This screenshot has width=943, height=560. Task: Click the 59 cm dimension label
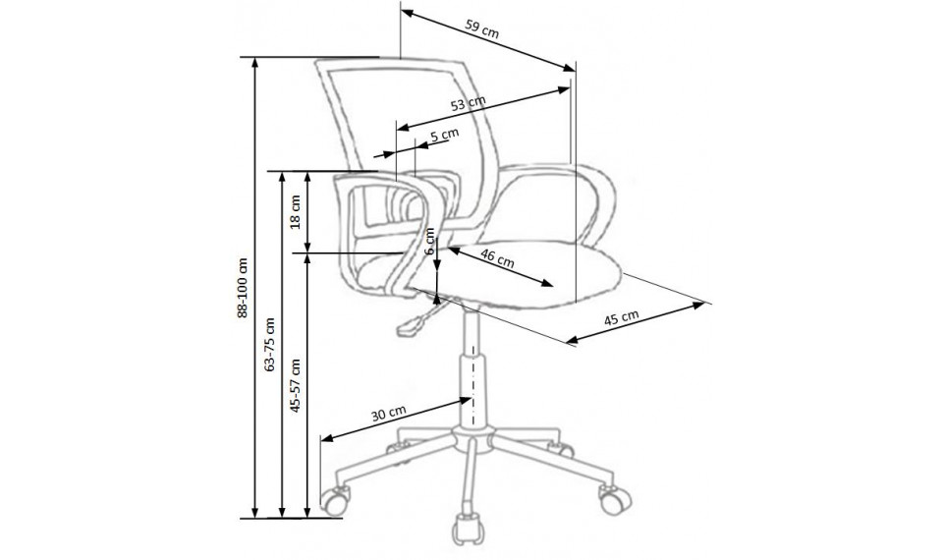(480, 30)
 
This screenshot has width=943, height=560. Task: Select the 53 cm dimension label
(469, 102)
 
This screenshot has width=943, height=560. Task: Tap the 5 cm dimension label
(444, 135)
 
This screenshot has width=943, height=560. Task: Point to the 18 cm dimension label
(296, 214)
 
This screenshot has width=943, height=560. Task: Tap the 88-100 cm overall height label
(241, 287)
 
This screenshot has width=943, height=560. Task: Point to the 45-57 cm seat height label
(296, 385)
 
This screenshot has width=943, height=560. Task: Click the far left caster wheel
(336, 501)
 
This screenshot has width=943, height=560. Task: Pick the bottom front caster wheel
(466, 528)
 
